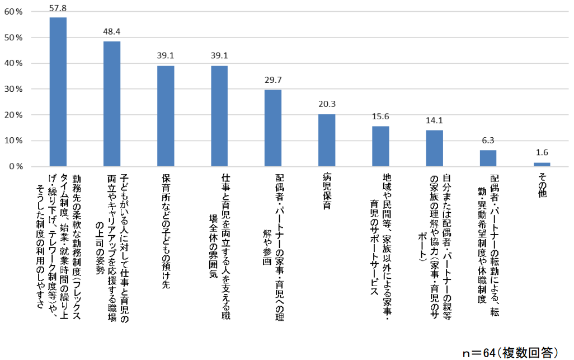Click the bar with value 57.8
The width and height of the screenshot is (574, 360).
[58, 92]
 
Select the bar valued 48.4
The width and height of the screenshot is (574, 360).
[112, 104]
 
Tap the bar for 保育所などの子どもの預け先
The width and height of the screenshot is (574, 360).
[166, 116]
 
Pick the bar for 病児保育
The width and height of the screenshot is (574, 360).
[327, 140]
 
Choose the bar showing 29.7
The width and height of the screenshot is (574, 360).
[273, 128]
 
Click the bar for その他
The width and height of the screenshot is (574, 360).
[542, 165]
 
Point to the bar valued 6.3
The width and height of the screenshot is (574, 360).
[488, 158]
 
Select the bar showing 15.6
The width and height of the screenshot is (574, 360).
[380, 146]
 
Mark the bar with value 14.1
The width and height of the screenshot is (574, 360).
[435, 148]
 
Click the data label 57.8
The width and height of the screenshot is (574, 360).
[58, 8]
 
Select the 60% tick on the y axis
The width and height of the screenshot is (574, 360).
[12, 12]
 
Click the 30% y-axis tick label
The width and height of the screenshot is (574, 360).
[12, 89]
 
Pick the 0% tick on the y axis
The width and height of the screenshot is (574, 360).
[15, 167]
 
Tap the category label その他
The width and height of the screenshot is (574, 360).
[542, 185]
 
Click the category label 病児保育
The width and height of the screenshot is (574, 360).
[327, 193]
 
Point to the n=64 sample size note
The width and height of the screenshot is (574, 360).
[510, 353]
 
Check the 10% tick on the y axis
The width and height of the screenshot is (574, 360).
[12, 141]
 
